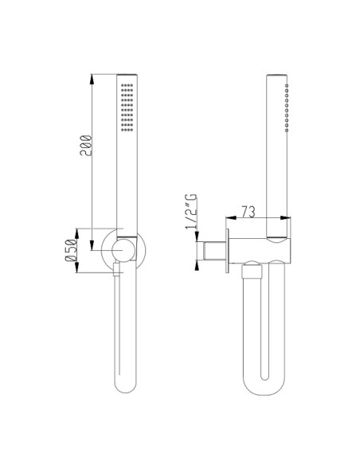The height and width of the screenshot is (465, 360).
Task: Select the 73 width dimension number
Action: (248, 212)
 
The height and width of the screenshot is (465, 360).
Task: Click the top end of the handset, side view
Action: (276, 76)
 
